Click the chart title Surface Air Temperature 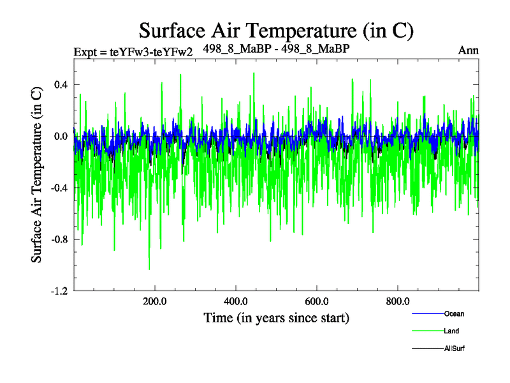tap(277, 30)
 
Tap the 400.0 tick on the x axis tap(236, 301)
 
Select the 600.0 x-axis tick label tap(317, 301)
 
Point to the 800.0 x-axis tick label tap(398, 301)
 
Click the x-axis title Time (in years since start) tap(276, 317)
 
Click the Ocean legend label tap(455, 313)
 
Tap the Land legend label tap(451, 331)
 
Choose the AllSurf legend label tap(454, 349)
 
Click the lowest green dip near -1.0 tap(149, 269)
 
